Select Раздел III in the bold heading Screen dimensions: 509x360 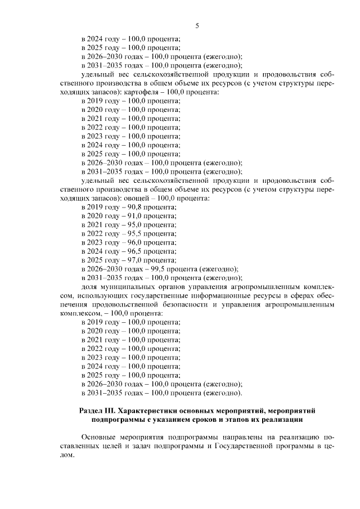point(98,411)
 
